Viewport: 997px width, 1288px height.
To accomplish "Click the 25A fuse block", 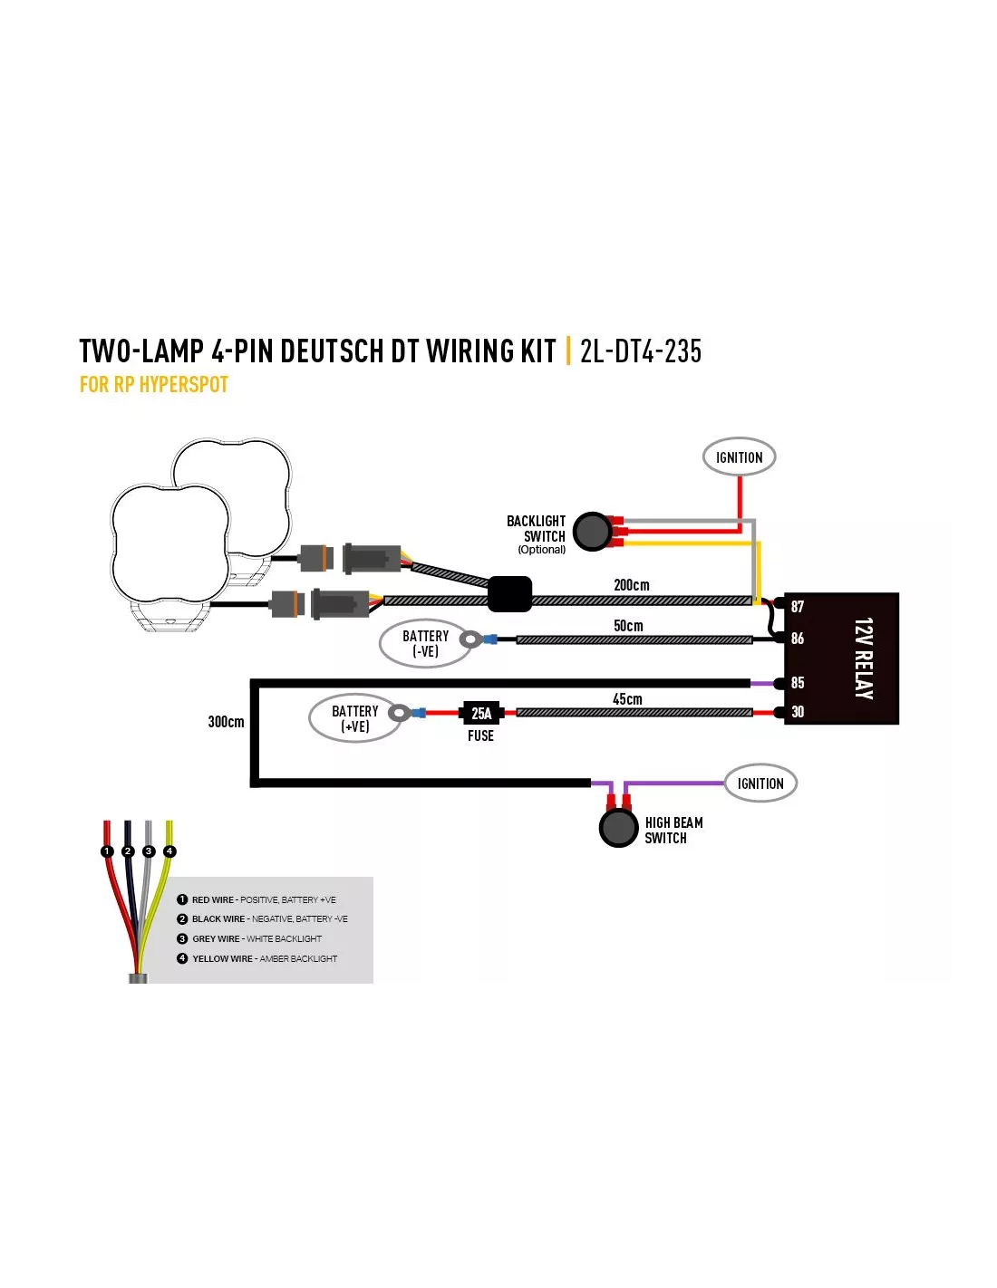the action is click(480, 713).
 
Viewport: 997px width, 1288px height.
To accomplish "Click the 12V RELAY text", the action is click(864, 658).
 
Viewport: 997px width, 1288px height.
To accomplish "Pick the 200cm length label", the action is click(631, 585).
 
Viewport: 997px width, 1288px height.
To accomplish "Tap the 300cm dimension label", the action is click(226, 721).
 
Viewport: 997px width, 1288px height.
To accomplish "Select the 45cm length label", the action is click(627, 699).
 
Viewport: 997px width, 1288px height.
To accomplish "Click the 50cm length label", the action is click(628, 625).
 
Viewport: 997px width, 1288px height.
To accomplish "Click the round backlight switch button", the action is click(592, 531).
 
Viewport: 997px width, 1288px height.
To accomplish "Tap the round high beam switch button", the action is click(618, 828).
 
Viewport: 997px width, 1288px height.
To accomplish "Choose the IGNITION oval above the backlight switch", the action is click(739, 457).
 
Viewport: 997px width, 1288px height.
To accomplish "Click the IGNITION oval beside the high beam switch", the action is click(760, 783).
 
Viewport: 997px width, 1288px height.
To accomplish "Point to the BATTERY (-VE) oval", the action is click(425, 643).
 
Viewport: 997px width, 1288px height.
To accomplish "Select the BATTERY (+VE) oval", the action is click(354, 717).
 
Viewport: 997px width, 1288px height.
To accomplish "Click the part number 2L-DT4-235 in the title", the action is click(641, 351).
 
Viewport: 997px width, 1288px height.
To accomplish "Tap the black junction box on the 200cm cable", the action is click(509, 594).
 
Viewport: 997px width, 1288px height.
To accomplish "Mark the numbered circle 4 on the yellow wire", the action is click(169, 851).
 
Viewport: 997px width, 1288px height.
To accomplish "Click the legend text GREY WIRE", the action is click(216, 939).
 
